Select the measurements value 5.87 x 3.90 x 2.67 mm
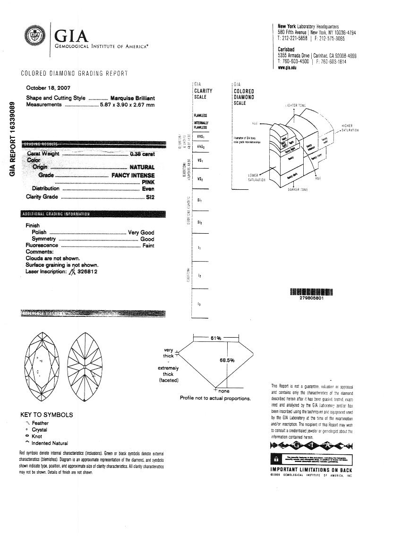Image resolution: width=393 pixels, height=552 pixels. click(x=127, y=104)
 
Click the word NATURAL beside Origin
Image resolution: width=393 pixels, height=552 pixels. click(x=142, y=167)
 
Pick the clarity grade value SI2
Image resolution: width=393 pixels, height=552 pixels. click(x=150, y=197)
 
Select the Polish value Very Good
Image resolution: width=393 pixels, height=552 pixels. click(x=141, y=232)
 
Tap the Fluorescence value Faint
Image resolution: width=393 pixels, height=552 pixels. click(x=148, y=246)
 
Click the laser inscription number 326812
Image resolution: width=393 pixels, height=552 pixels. click(x=87, y=272)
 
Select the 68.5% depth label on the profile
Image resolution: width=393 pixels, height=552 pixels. click(x=227, y=360)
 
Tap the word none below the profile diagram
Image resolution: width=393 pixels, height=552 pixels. click(x=224, y=391)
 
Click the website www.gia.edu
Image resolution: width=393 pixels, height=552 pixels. click(x=287, y=68)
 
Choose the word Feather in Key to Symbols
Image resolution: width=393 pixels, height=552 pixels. click(x=40, y=423)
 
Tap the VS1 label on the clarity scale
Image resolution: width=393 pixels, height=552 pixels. click(x=200, y=161)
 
